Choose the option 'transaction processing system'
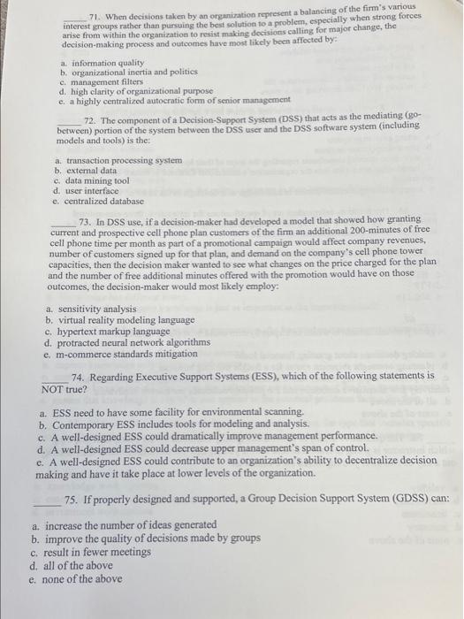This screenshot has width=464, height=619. pyautogui.click(x=123, y=160)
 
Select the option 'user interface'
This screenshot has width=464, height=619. pyautogui.click(x=93, y=191)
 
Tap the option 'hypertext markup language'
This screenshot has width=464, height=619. pyautogui.click(x=116, y=332)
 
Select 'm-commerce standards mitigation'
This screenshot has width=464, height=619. pyautogui.click(x=128, y=354)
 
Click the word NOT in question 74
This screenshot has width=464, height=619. pyautogui.click(x=55, y=388)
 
